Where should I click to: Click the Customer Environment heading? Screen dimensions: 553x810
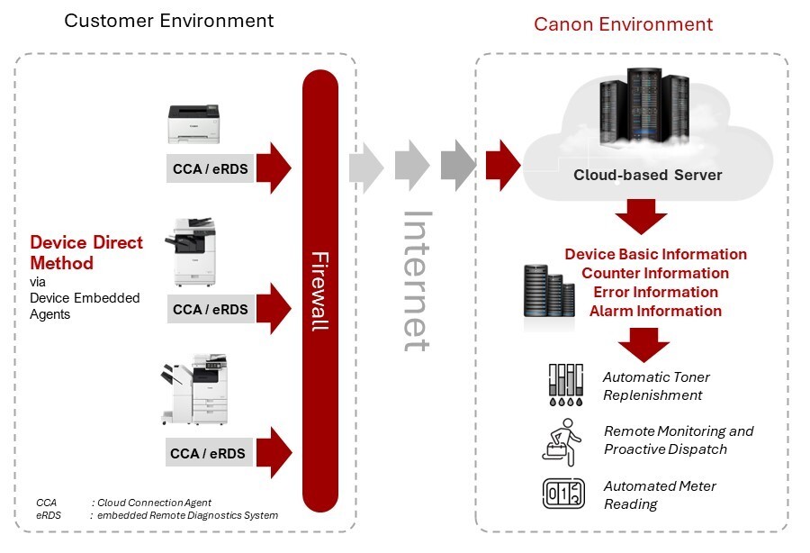168,20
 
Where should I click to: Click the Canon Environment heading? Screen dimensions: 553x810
623,24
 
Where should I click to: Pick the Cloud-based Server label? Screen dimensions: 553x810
647,175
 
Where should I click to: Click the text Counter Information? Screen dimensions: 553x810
655,273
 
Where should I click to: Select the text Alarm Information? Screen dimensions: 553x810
655,311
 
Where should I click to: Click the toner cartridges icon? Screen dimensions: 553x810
565,386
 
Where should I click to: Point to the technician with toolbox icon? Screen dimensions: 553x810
565,440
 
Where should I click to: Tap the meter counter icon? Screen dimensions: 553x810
564,494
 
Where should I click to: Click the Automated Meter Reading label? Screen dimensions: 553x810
660,495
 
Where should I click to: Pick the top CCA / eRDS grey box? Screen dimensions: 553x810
212,168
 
